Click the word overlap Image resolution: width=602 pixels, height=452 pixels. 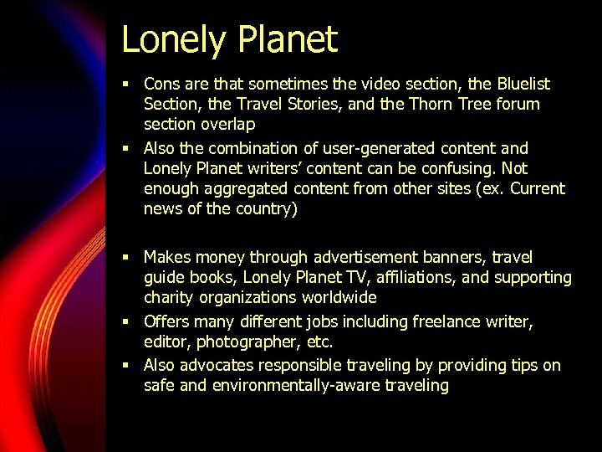225,125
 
